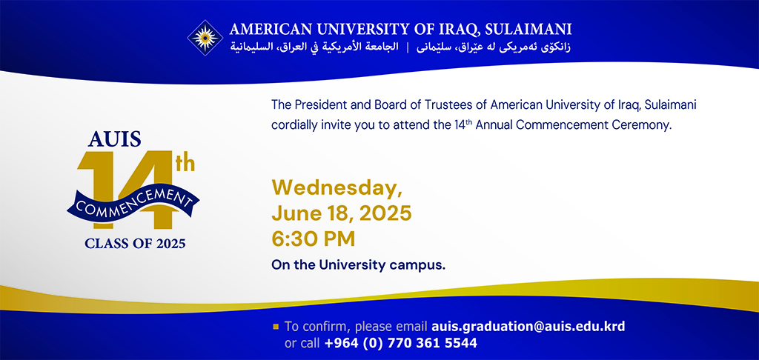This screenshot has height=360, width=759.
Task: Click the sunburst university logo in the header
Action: click(205, 38)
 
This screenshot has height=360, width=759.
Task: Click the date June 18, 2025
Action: click(342, 213)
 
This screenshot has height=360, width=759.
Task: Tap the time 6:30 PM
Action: click(314, 239)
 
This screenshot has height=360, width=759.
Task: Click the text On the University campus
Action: click(358, 265)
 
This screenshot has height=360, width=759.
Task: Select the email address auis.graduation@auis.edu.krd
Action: click(528, 327)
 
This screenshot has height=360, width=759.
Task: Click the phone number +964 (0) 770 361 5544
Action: click(401, 344)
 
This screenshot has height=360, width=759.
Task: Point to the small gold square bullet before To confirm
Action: click(276, 327)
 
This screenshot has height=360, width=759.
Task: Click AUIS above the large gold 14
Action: click(115, 139)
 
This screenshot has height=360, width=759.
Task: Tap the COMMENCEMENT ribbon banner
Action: click(133, 201)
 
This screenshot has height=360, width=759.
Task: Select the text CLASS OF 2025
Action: click(135, 243)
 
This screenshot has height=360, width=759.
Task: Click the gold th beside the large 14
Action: click(185, 164)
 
